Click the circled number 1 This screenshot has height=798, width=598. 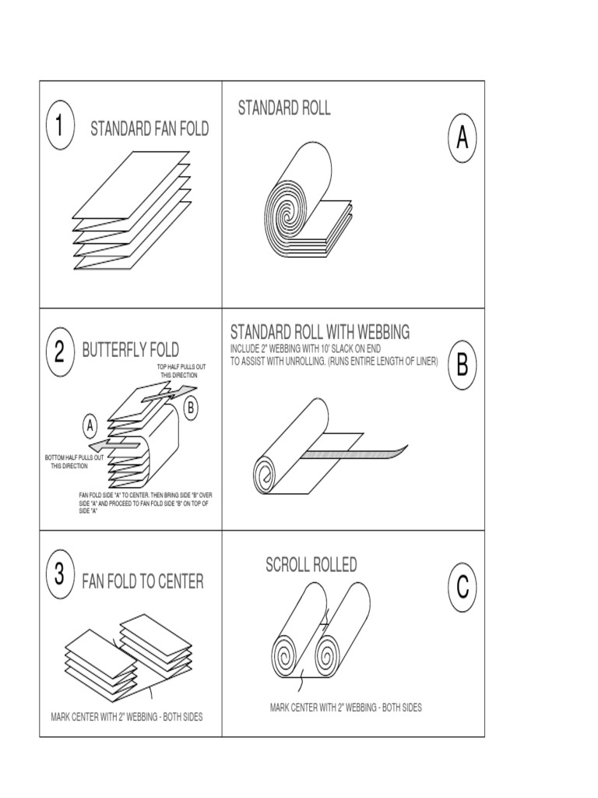coord(61,127)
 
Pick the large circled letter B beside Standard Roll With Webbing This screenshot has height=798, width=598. coord(463,365)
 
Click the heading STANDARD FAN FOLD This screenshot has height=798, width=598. coord(149,129)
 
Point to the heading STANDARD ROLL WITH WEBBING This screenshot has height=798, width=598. coord(319,333)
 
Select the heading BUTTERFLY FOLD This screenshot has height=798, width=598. coord(130,350)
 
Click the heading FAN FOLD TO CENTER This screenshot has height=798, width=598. coord(142,581)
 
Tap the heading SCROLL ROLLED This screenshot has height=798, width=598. coord(311,565)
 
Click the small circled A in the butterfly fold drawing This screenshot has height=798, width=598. coord(90,426)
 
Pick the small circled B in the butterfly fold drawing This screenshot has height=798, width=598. coord(190,406)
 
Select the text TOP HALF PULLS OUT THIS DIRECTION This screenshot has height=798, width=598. coord(182,370)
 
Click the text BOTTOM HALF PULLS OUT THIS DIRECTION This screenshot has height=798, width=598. coord(74,461)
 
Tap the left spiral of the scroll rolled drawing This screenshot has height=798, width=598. coord(287,650)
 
